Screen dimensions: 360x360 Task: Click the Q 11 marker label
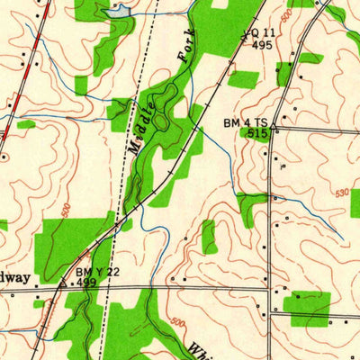click(258, 32)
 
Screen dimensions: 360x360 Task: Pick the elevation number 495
click(262, 44)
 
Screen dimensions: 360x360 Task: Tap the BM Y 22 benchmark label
click(98, 272)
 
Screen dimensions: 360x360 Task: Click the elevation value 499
click(86, 283)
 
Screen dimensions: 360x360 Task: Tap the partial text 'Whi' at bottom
click(200, 348)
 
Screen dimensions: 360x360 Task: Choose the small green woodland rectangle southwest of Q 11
click(243, 79)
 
